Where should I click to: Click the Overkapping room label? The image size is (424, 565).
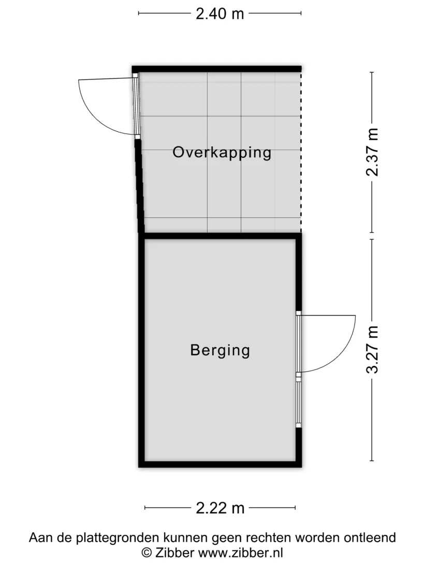click(x=222, y=153)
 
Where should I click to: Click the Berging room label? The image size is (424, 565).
click(x=220, y=350)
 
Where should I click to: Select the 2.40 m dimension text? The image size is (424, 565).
click(x=220, y=13)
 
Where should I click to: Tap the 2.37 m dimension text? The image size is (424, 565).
click(x=372, y=152)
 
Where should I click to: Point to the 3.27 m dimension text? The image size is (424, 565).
click(x=372, y=350)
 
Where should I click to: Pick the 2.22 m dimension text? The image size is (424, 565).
click(x=220, y=508)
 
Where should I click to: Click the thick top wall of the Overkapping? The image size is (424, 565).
click(x=216, y=69)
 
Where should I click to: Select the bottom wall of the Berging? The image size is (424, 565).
click(x=220, y=464)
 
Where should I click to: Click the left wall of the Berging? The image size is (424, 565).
click(x=141, y=350)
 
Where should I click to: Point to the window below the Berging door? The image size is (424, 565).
click(x=298, y=402)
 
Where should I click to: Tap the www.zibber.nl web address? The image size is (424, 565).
click(x=241, y=553)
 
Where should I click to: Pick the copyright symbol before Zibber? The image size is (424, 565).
click(x=147, y=553)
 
